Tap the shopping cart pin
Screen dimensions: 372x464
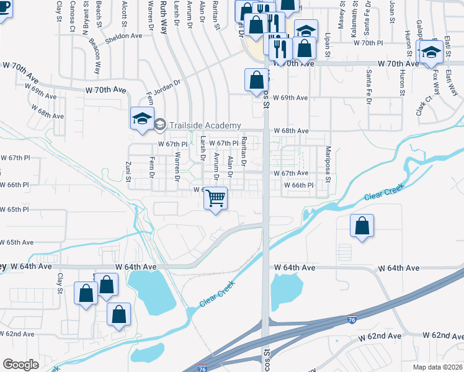pos(215,199)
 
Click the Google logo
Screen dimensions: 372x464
pos(20,365)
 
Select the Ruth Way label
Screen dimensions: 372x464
pos(164,11)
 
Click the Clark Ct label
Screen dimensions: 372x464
pos(424,107)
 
